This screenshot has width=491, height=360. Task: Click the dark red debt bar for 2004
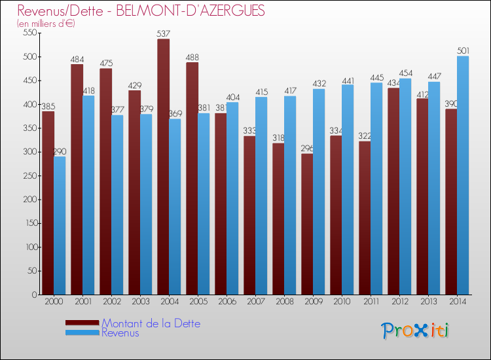point(163,167)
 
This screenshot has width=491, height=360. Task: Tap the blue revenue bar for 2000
point(60,226)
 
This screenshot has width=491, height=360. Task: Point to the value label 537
point(164,33)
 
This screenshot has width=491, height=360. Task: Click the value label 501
point(463,50)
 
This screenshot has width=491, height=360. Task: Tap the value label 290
point(60,151)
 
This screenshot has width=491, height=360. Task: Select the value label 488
point(192,57)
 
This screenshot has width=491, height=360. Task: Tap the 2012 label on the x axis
point(399,302)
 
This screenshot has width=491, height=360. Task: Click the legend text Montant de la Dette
point(151,323)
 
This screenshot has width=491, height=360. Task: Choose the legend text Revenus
point(120,333)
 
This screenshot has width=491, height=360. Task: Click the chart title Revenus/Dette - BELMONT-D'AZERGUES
point(141,11)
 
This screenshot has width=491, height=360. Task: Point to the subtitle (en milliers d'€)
point(46,24)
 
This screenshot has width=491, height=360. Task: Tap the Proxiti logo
point(415,331)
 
